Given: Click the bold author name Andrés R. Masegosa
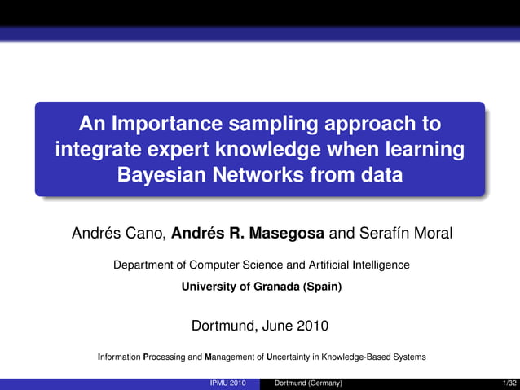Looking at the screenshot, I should click(x=248, y=234).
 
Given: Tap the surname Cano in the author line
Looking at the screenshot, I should click(x=149, y=234).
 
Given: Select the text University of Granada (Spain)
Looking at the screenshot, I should click(x=261, y=287).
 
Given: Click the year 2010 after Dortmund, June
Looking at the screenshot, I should click(x=312, y=326).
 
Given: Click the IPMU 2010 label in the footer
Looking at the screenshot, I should click(x=227, y=383).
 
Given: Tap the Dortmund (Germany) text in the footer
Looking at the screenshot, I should click(x=308, y=383).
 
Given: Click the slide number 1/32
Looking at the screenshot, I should click(x=510, y=383).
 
